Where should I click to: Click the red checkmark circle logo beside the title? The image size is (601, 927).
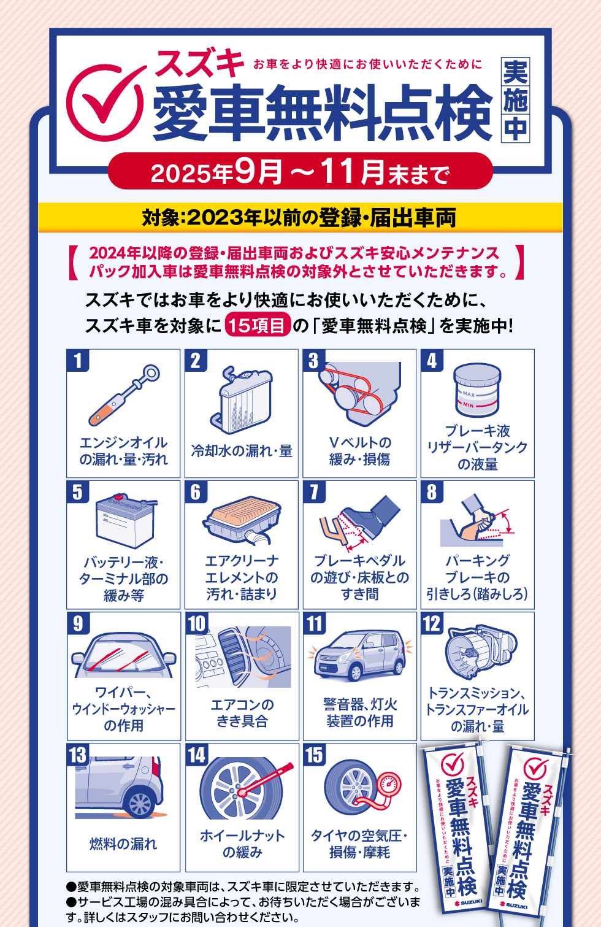tap(104, 101)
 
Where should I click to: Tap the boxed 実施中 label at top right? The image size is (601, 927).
tap(515, 100)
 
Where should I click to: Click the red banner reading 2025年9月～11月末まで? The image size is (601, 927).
tap(300, 172)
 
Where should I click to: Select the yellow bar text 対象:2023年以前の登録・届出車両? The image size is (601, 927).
tap(299, 217)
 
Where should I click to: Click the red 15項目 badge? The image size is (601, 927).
tap(257, 325)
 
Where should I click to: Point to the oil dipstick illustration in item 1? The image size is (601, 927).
tap(124, 396)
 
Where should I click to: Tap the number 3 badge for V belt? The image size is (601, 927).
tap(313, 360)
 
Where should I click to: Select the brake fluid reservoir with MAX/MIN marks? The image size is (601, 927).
tap(477, 390)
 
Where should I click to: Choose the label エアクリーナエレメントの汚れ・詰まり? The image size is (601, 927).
tap(242, 577)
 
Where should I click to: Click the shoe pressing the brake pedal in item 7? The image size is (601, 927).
tap(368, 512)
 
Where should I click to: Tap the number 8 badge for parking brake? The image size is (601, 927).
tap(432, 491)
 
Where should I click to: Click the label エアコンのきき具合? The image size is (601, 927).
tap(242, 713)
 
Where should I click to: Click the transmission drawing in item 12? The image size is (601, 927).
tap(479, 650)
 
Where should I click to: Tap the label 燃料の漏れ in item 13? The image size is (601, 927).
tap(123, 844)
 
